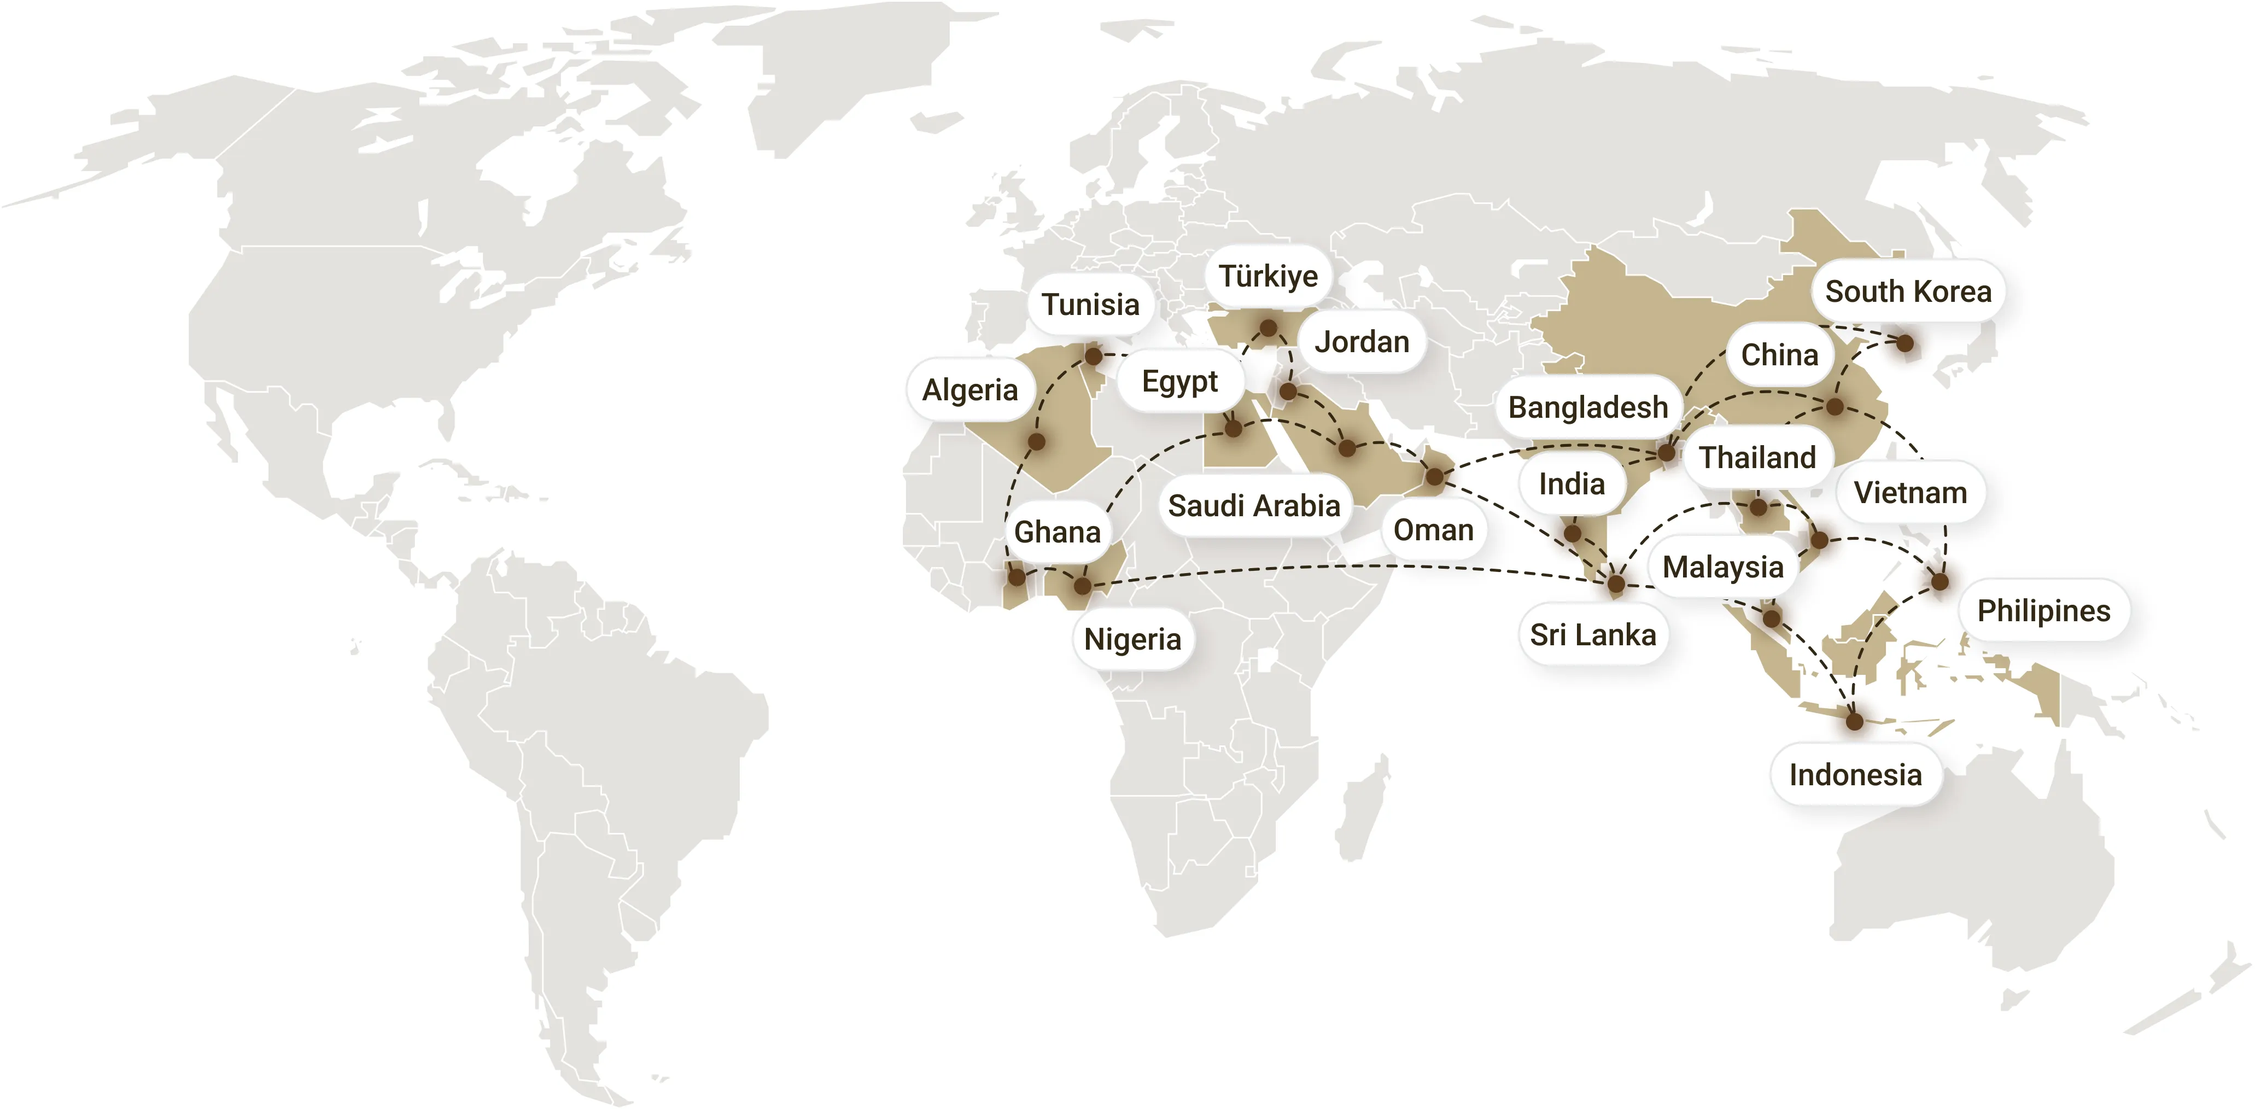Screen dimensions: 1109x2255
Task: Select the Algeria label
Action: [x=970, y=389]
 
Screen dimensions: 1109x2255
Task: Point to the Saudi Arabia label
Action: [x=1254, y=505]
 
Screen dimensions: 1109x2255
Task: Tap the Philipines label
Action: [x=2044, y=610]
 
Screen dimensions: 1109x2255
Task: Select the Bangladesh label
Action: [x=1588, y=407]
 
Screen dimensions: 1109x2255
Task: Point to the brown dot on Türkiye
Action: [x=1267, y=328]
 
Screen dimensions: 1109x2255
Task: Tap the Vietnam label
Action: [x=1910, y=493]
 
